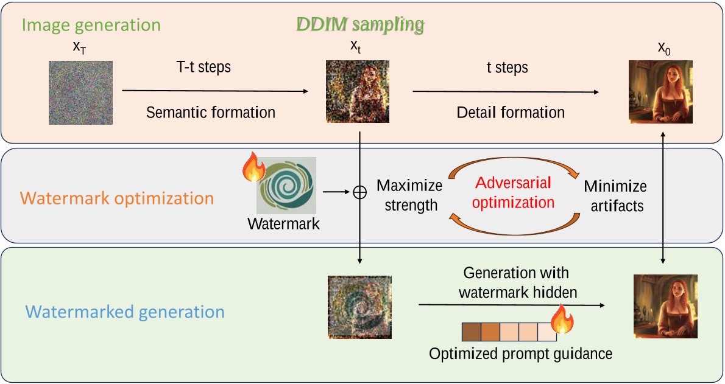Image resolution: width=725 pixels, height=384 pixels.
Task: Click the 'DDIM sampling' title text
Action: coord(360,24)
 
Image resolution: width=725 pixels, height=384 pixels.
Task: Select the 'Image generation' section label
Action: coord(91,25)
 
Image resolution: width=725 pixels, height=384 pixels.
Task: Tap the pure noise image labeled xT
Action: coord(80,93)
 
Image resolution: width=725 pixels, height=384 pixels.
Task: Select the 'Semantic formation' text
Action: coord(211,113)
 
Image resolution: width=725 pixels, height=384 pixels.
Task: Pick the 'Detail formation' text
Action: coord(511,113)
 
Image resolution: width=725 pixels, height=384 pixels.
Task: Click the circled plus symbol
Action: coord(359,193)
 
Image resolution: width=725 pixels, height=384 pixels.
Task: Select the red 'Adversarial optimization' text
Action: coord(513,192)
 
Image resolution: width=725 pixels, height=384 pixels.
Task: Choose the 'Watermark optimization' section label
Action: coord(118,198)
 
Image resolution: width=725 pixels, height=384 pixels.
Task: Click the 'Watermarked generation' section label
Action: coord(125,312)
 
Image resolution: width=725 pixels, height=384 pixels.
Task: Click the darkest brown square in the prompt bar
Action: coord(472,332)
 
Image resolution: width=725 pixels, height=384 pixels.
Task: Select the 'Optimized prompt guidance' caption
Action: coord(520,354)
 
